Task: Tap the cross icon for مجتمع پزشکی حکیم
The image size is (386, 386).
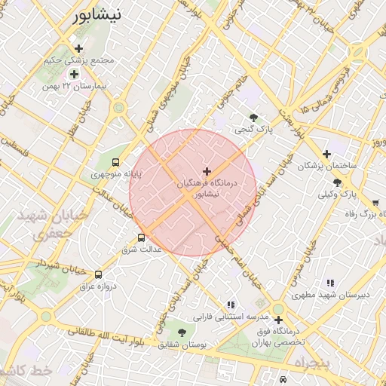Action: click(x=78, y=48)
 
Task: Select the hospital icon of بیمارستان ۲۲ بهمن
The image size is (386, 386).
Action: click(x=74, y=74)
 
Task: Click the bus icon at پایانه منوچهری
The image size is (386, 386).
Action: click(x=115, y=162)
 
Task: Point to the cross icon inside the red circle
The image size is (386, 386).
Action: click(x=207, y=172)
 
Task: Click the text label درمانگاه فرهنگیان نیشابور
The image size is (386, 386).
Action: click(x=207, y=188)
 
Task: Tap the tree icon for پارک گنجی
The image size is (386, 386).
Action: click(x=254, y=118)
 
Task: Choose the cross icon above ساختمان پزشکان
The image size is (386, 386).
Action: click(x=326, y=154)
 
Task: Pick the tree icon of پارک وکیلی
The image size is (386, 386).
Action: click(x=336, y=182)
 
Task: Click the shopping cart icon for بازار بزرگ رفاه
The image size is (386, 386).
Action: click(x=375, y=203)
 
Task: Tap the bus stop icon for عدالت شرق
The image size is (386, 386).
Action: click(x=141, y=238)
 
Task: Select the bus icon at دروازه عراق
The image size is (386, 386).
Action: click(x=99, y=274)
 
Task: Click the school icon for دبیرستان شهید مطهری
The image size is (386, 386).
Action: click(x=329, y=283)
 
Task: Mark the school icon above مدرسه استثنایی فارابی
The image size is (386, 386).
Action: click(x=231, y=305)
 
